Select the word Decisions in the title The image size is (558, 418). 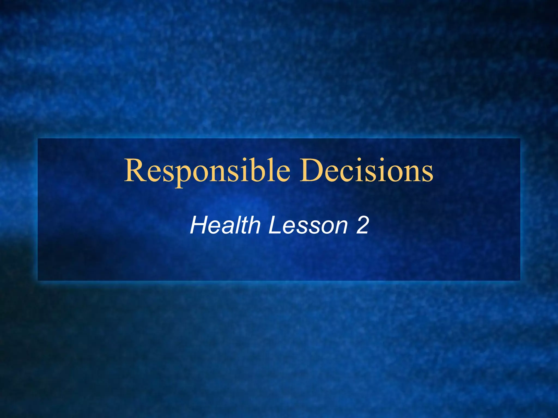coord(366,171)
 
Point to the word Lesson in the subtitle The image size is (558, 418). coord(308,225)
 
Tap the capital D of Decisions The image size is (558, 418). coord(313,171)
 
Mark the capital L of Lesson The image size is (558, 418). coord(275,225)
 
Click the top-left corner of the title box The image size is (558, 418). coord(38,139)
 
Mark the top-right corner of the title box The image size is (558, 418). coord(520,139)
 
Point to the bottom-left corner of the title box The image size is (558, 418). coord(38,280)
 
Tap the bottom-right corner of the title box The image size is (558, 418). coord(520,280)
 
